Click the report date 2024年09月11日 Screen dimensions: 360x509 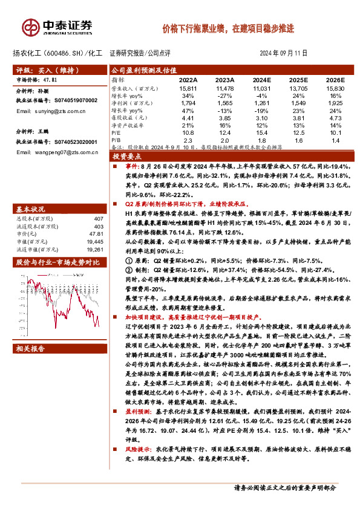[285, 53]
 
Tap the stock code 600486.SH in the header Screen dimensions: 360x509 [67, 53]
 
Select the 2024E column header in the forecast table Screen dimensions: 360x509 [261, 80]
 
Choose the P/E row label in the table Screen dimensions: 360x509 [115, 132]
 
